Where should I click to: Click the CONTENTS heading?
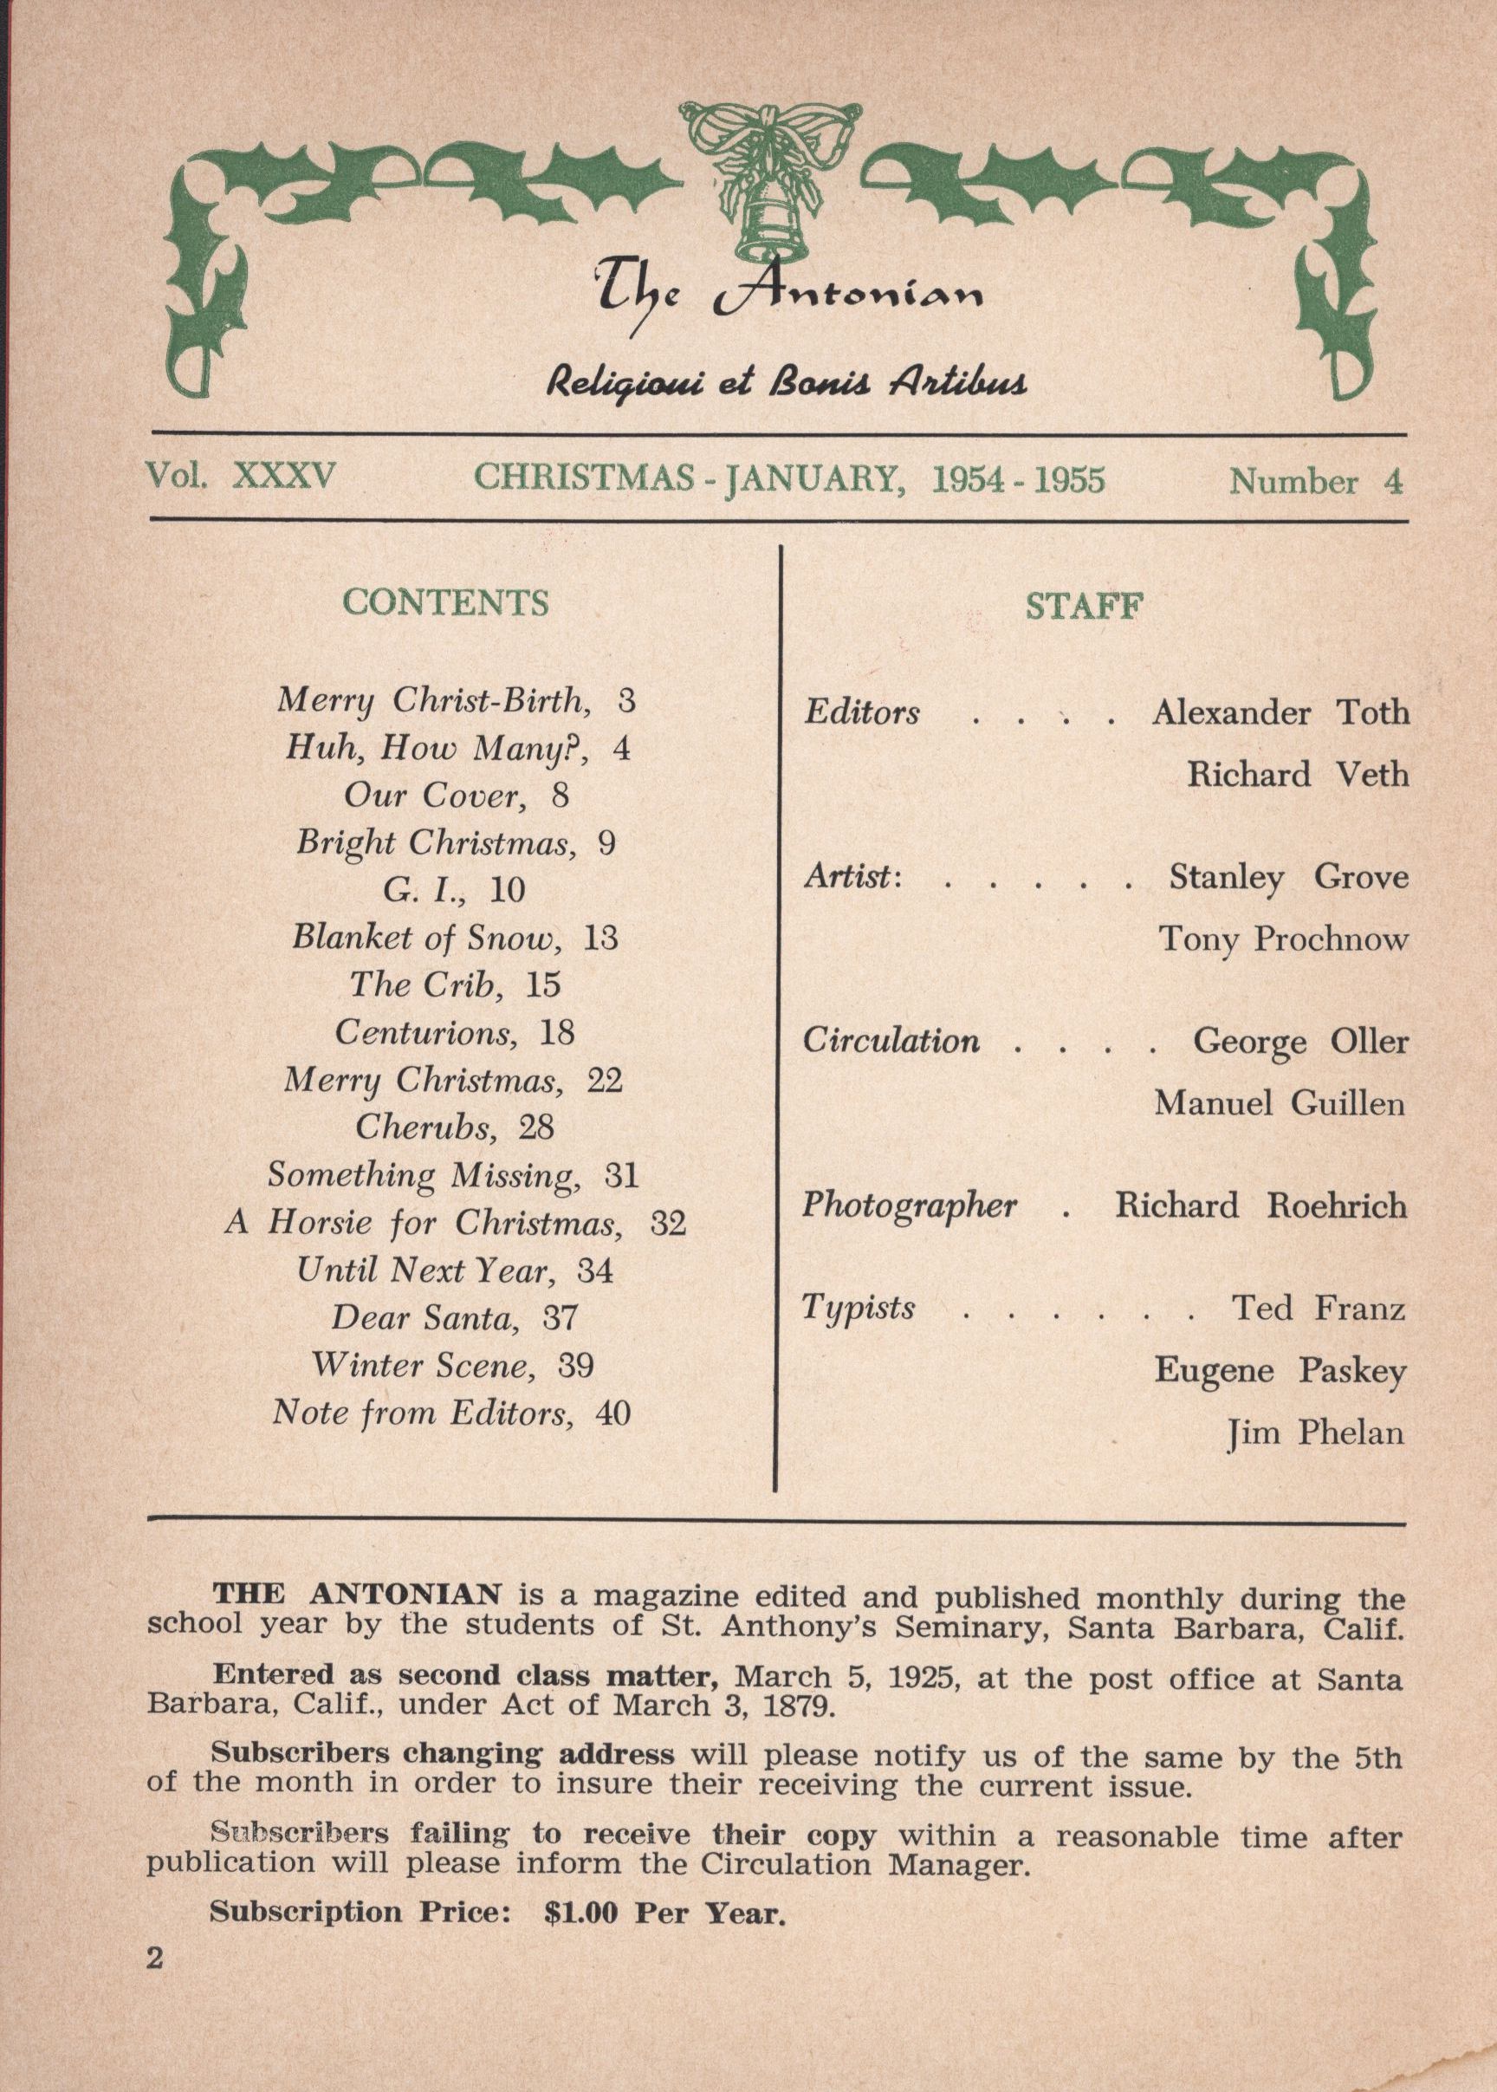445,603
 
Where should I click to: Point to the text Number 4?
1315,482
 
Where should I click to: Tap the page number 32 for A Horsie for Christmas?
668,1224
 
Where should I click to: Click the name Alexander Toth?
1280,712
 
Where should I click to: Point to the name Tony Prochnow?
1283,939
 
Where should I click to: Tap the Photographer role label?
909,1206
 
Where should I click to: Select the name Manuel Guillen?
1280,1102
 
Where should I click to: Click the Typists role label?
859,1308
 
